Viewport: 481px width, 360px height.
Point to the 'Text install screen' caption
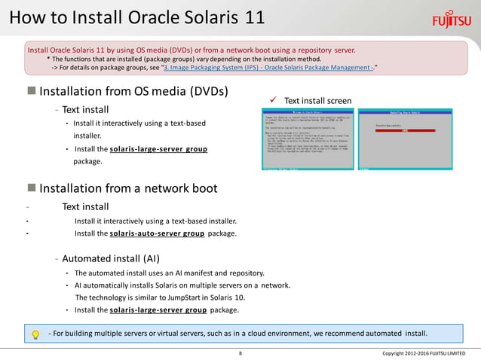[x=317, y=100]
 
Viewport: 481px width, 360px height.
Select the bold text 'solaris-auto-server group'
[x=157, y=234]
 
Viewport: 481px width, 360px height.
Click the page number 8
[x=240, y=353]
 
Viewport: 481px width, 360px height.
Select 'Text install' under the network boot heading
[x=86, y=206]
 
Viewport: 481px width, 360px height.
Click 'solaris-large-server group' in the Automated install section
[x=158, y=310]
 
